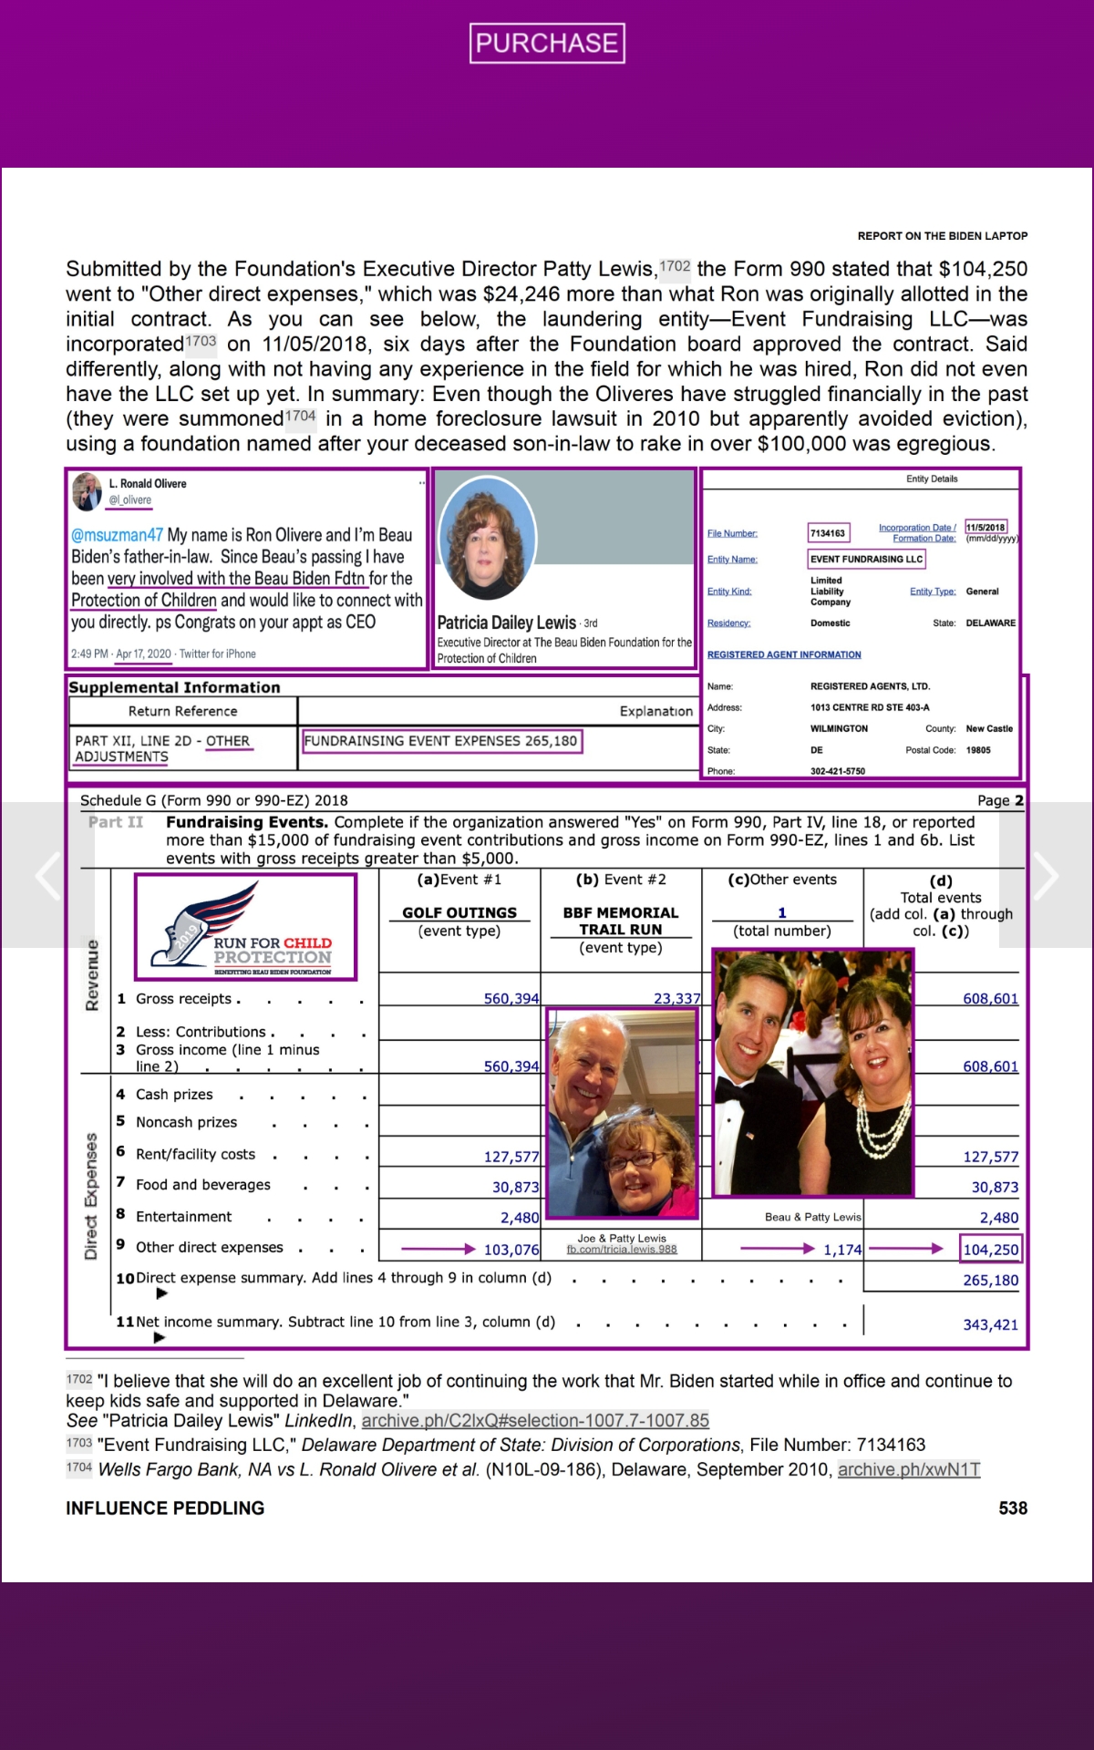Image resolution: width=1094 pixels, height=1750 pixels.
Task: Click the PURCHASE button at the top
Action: coord(547,43)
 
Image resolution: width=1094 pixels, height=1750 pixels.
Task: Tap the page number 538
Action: coord(1012,1508)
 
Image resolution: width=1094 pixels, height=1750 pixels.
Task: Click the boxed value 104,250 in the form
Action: coord(991,1250)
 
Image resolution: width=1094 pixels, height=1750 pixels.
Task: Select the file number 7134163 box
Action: coord(828,533)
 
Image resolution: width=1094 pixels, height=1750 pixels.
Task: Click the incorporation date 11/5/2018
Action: coord(986,527)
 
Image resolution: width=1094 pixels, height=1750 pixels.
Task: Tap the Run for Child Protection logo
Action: coord(245,927)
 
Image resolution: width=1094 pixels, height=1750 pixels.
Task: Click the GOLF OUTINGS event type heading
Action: coord(459,912)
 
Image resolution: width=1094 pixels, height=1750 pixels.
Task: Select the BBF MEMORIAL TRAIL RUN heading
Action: coord(621,921)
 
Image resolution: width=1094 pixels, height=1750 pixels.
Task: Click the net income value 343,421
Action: coord(990,1324)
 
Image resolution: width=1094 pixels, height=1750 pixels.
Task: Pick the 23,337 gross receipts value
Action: coord(676,999)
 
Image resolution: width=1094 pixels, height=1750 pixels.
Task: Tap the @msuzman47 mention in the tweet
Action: coord(117,535)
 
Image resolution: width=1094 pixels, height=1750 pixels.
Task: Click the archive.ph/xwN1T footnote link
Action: coord(909,1469)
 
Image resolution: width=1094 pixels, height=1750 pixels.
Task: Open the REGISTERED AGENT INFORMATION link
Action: coord(784,654)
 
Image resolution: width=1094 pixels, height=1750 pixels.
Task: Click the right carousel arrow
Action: coord(1045,876)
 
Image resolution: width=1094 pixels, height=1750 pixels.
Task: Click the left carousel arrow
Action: coord(47,876)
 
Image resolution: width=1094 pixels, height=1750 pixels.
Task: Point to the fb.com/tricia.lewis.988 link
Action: coord(622,1250)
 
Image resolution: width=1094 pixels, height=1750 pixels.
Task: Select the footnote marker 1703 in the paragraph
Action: coord(201,341)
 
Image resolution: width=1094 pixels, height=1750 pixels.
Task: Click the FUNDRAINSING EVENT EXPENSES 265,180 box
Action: coord(441,741)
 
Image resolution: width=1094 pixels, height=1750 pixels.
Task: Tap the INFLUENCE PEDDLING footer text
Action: coord(165,1508)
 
